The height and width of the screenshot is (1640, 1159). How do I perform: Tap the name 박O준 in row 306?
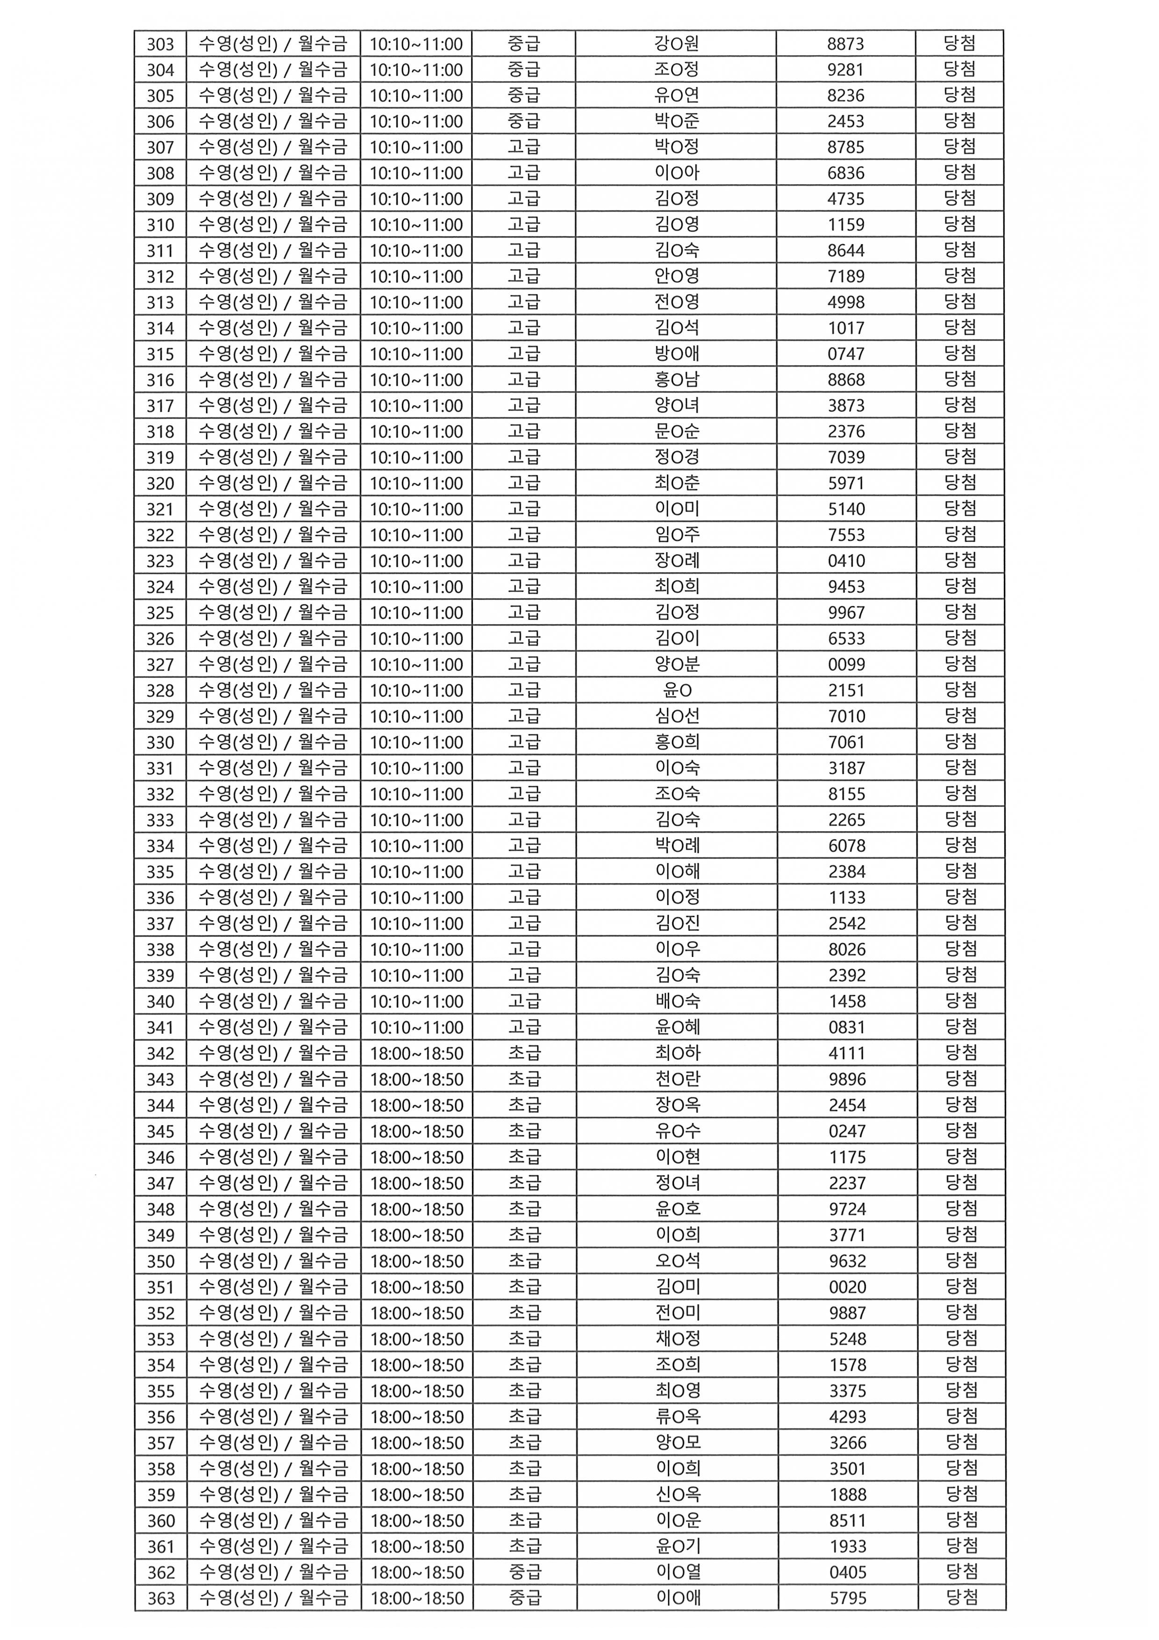click(676, 122)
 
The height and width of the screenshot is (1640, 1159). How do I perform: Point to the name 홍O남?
click(676, 380)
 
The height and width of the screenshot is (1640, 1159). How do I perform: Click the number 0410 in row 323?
click(846, 561)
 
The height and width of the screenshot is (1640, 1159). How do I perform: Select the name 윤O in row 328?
click(676, 691)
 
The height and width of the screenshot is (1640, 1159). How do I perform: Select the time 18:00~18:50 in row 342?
click(416, 1054)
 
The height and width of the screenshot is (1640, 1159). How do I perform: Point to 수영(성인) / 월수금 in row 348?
click(273, 1209)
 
